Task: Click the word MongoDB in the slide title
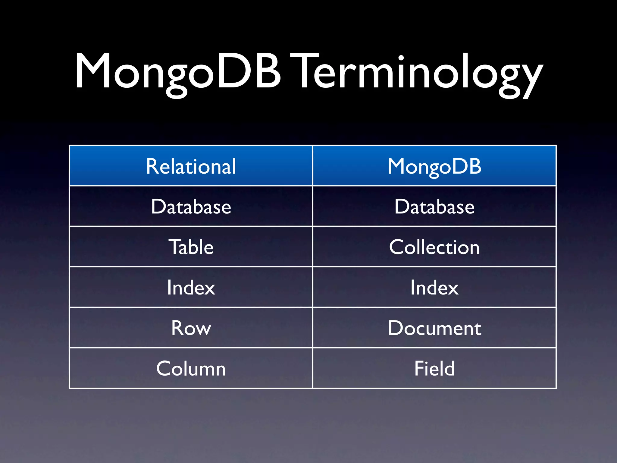point(178,72)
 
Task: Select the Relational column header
point(191,166)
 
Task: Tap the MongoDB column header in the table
point(434,166)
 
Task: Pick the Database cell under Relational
point(191,207)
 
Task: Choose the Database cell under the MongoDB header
point(434,207)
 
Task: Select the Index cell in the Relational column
point(191,288)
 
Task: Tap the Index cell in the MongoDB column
point(434,288)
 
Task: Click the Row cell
point(191,328)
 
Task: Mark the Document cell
point(434,328)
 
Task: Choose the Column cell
point(191,368)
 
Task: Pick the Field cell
point(434,368)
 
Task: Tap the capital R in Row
point(178,328)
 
